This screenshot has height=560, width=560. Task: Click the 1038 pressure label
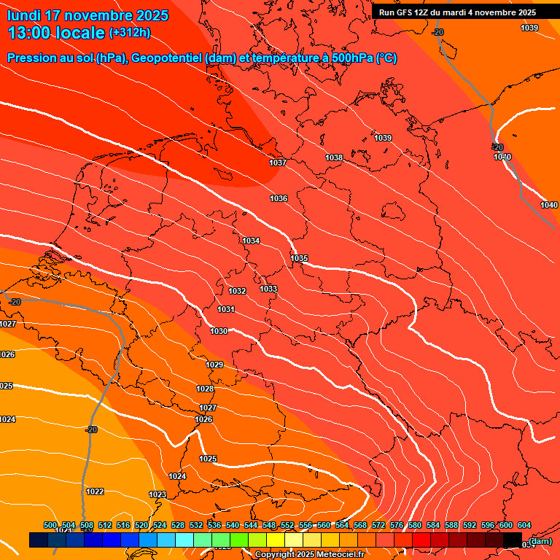[x=334, y=157]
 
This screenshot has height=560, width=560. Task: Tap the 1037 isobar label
[x=278, y=163]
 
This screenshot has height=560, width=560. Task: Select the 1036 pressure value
[x=279, y=198]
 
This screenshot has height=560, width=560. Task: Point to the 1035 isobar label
[x=299, y=258]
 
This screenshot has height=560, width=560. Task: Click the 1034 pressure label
[x=251, y=241]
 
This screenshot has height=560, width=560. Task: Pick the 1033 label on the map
[x=268, y=289]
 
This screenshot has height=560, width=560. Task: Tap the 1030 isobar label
[x=219, y=331]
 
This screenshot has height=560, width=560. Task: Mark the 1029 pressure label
[x=214, y=365]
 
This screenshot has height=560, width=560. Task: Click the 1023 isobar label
[x=157, y=494]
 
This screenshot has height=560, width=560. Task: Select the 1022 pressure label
[x=95, y=491]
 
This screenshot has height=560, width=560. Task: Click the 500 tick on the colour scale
[x=50, y=525]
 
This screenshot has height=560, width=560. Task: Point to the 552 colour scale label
[x=287, y=525]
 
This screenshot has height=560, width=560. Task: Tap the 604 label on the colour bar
[x=524, y=525]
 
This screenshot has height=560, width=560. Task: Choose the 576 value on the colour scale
[x=397, y=525]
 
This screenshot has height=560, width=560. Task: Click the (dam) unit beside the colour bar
[x=540, y=540]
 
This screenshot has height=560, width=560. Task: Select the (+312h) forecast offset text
[x=129, y=33]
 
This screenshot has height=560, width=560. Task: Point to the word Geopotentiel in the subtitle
[x=163, y=58]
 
